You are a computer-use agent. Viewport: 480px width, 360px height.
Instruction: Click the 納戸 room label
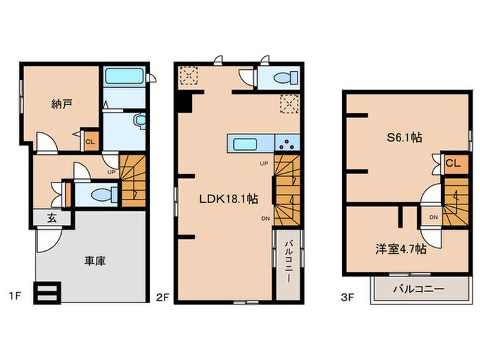point(61,104)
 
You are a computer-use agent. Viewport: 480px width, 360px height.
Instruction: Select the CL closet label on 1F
point(90,143)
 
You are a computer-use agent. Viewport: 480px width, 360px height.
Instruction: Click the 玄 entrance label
point(52,219)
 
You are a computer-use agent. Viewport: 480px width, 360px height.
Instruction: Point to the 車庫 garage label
point(95,261)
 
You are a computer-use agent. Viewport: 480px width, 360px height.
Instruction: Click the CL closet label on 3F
point(453,163)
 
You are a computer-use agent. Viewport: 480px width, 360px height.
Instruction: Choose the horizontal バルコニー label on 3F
point(418,289)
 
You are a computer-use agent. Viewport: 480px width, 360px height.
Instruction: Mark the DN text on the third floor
point(433,217)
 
